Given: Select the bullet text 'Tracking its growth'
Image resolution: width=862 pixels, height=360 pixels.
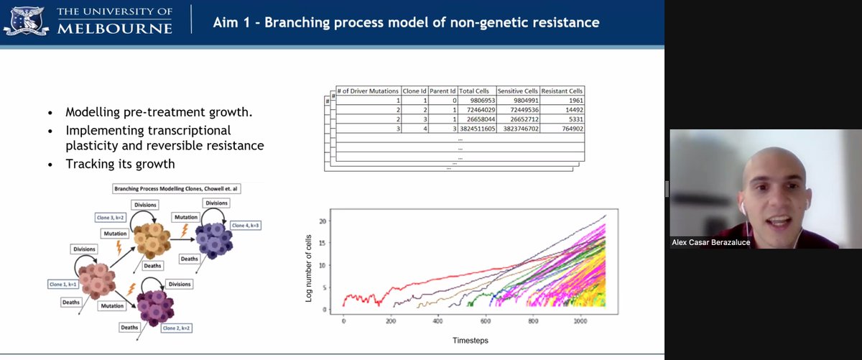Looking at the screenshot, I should coord(120,164).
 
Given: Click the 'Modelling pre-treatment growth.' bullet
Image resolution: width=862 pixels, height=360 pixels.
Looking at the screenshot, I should coord(143,113).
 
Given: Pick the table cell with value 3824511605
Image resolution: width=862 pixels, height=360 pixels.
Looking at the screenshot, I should coord(476,128).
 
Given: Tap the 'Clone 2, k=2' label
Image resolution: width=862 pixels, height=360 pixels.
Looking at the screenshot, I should coord(177,328).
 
